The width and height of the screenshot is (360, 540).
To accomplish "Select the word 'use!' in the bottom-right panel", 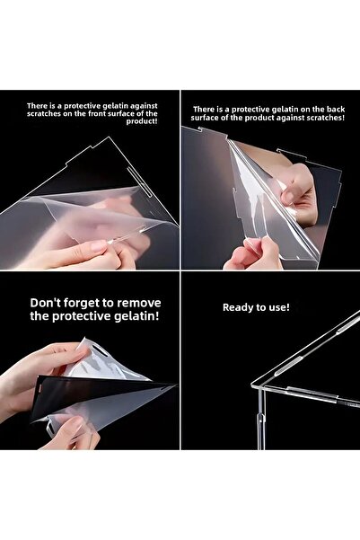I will coord(278,307).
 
